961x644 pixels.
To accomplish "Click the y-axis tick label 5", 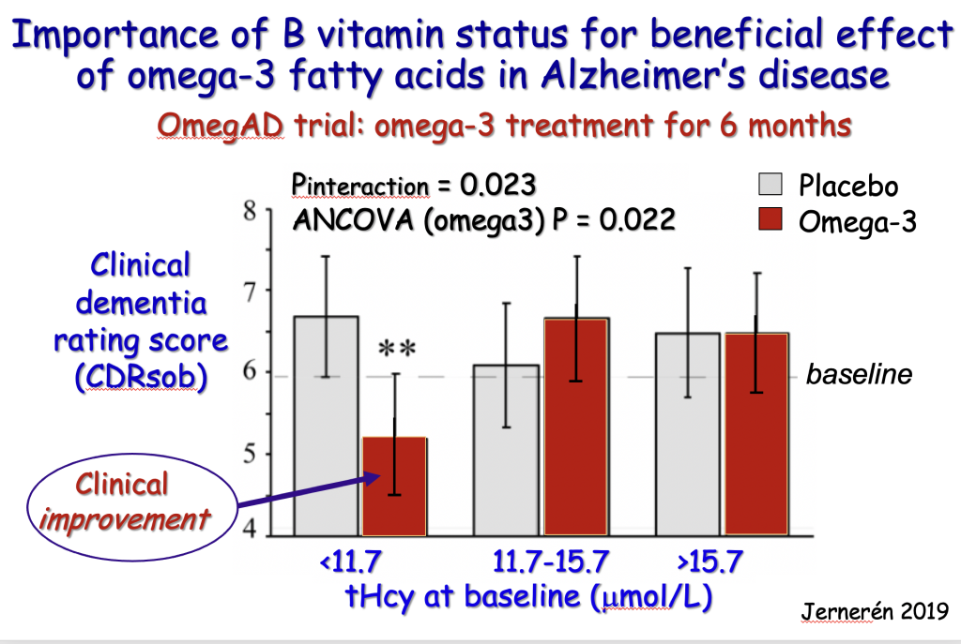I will click(x=250, y=455).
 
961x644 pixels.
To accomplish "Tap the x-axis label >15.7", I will click(x=709, y=562).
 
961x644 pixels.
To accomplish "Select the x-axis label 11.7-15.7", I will click(x=551, y=562).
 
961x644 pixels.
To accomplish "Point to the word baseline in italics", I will click(x=859, y=375).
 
